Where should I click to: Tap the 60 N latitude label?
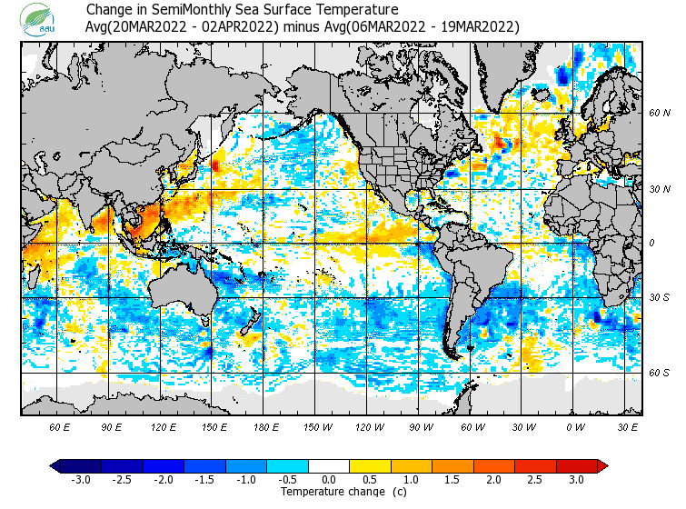[659, 113]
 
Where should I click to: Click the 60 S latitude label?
[659, 374]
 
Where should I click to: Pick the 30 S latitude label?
[659, 298]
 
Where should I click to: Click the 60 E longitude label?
[60, 426]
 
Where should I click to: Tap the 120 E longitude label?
[164, 426]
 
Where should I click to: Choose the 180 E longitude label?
[265, 426]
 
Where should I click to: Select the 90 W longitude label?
[420, 426]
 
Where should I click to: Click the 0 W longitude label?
[574, 426]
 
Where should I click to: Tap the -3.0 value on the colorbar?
[80, 480]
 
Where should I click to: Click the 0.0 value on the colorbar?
[329, 480]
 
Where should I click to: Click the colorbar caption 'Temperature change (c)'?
[330, 492]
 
